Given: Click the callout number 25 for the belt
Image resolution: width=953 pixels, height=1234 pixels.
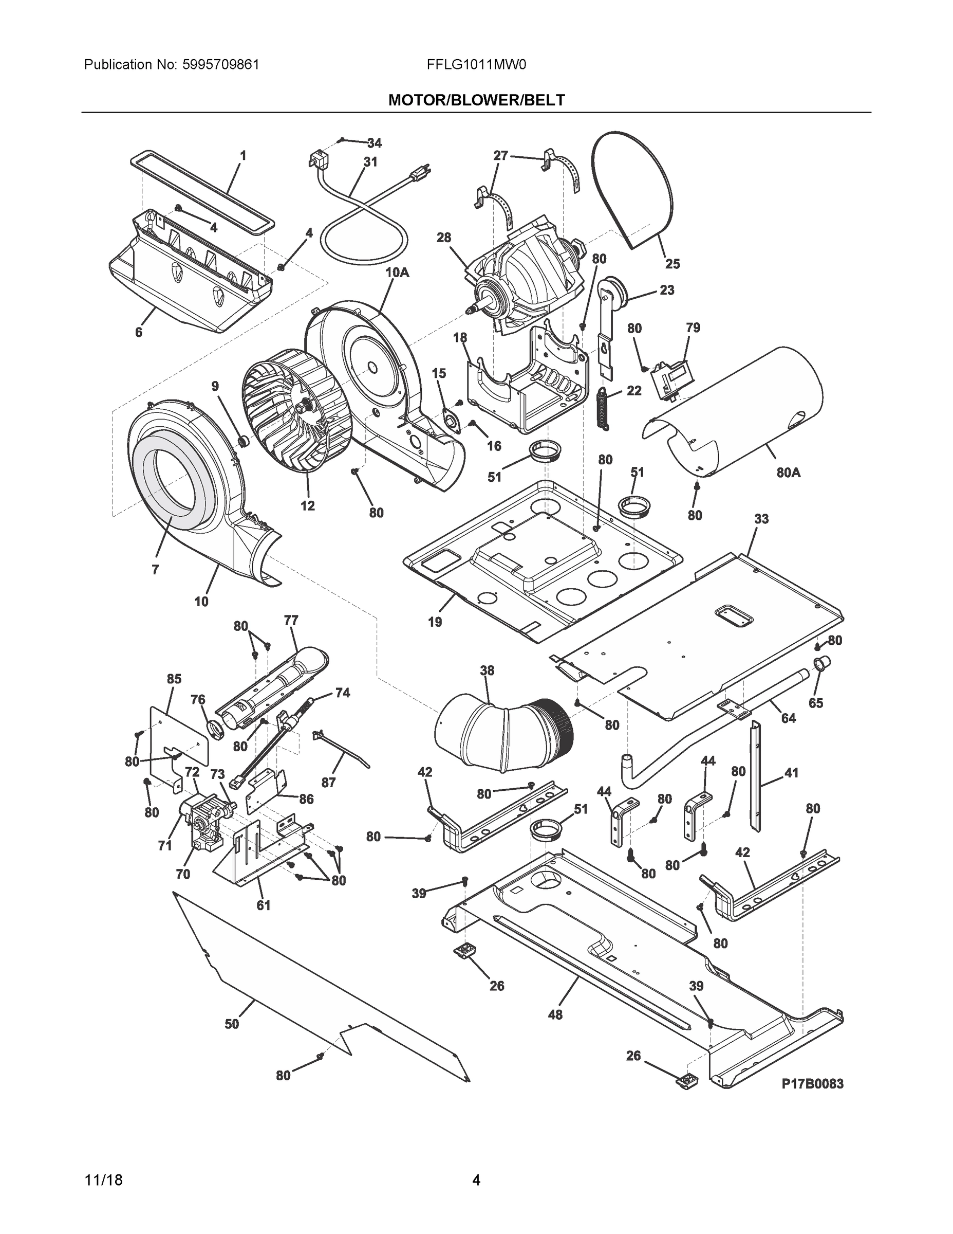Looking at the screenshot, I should click(672, 263).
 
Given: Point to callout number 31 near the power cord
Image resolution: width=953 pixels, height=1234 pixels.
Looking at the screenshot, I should click(370, 162).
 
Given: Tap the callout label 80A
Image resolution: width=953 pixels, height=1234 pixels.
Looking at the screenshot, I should click(788, 473).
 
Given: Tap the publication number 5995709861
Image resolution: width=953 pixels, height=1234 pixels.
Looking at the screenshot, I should click(221, 65).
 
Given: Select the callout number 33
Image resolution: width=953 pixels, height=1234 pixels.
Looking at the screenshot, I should click(761, 519).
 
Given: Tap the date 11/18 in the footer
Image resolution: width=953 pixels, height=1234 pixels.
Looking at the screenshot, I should click(103, 1180).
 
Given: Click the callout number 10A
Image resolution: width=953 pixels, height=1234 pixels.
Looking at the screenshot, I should click(397, 273).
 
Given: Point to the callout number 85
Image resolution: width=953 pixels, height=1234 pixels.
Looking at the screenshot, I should click(174, 679).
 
